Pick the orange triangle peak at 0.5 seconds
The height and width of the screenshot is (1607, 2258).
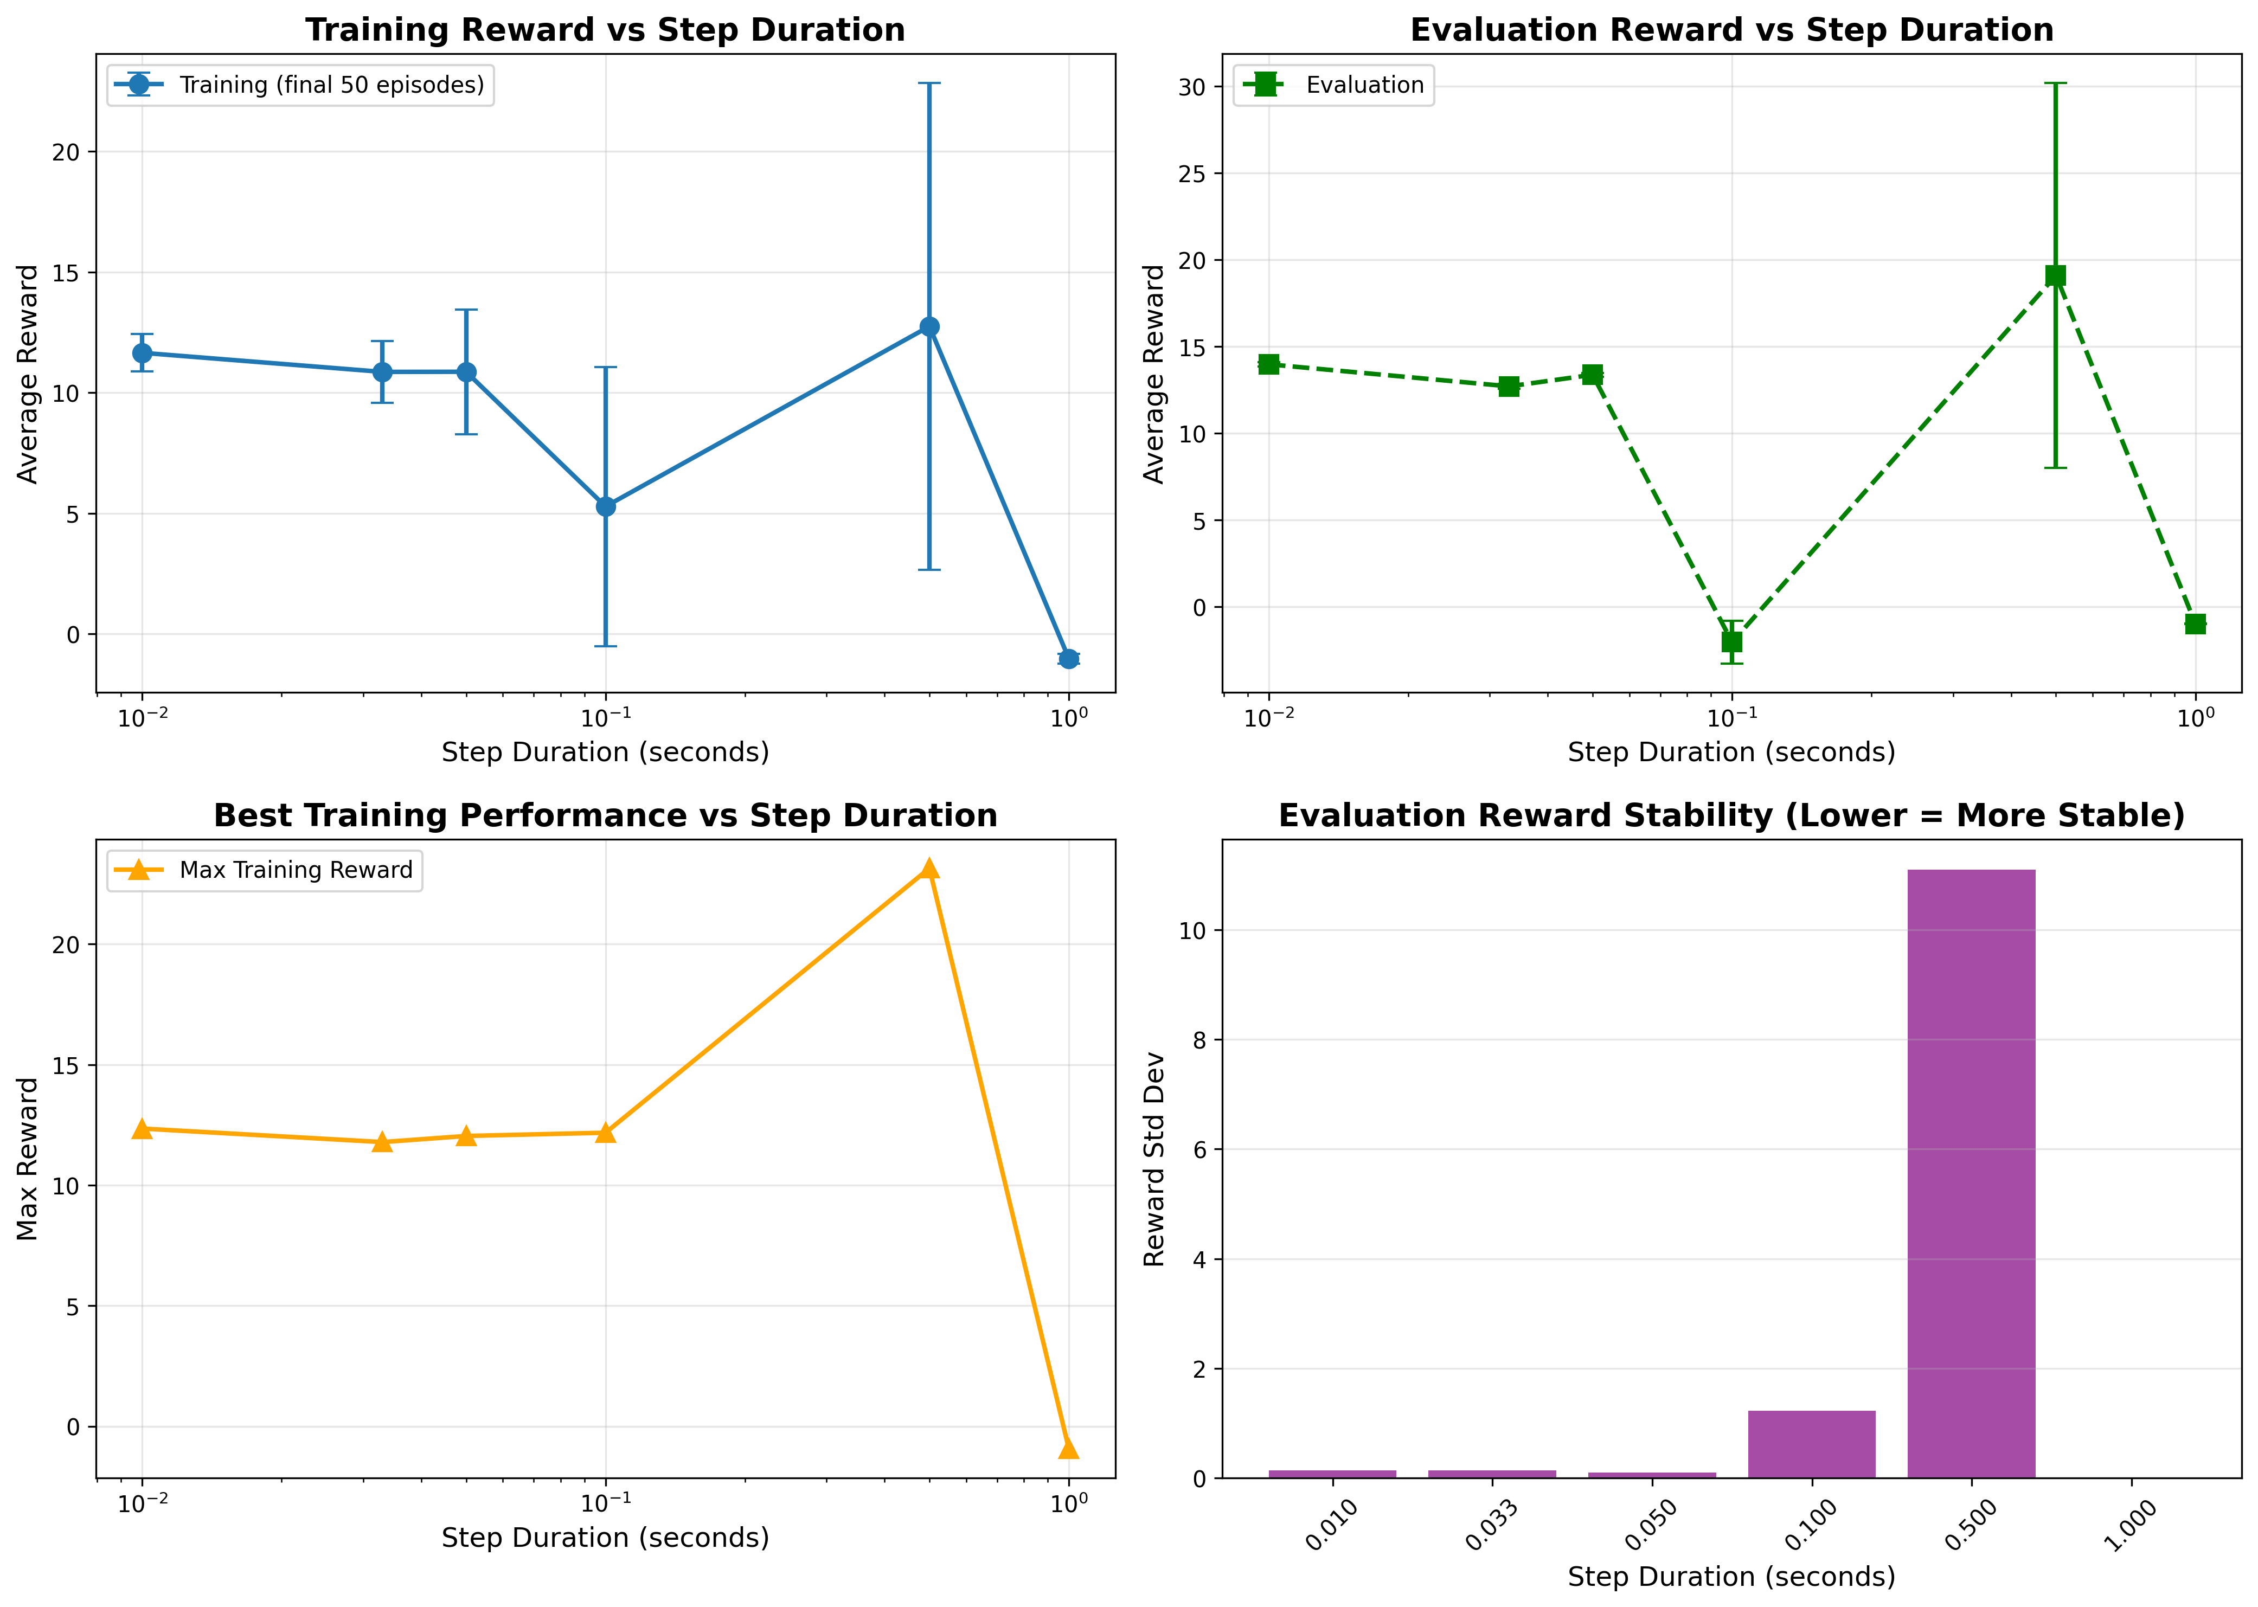tap(928, 869)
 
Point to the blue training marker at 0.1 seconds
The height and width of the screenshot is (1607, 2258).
tap(606, 506)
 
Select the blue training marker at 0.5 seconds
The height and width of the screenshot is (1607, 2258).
tap(928, 326)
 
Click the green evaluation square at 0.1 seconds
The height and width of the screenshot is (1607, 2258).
tap(1731, 642)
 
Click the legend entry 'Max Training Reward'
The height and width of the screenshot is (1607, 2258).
tap(295, 871)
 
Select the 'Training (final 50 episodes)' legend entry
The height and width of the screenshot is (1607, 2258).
tap(330, 85)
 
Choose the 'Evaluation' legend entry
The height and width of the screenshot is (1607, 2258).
tap(1363, 85)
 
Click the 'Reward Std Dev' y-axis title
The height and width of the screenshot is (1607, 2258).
tap(1154, 1159)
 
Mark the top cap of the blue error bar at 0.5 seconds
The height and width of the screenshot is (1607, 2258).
tap(928, 83)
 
